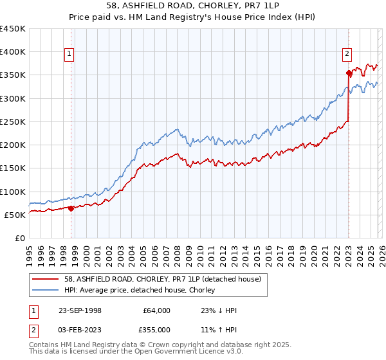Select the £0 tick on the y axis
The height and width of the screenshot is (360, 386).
point(19,238)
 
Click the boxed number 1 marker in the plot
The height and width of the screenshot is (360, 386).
point(69,54)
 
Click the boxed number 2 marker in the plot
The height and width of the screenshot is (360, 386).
point(347,54)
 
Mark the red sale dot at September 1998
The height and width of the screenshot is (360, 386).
point(71,208)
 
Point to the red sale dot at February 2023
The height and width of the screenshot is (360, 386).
point(349,73)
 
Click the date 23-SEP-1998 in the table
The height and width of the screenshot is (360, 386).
point(80,310)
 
